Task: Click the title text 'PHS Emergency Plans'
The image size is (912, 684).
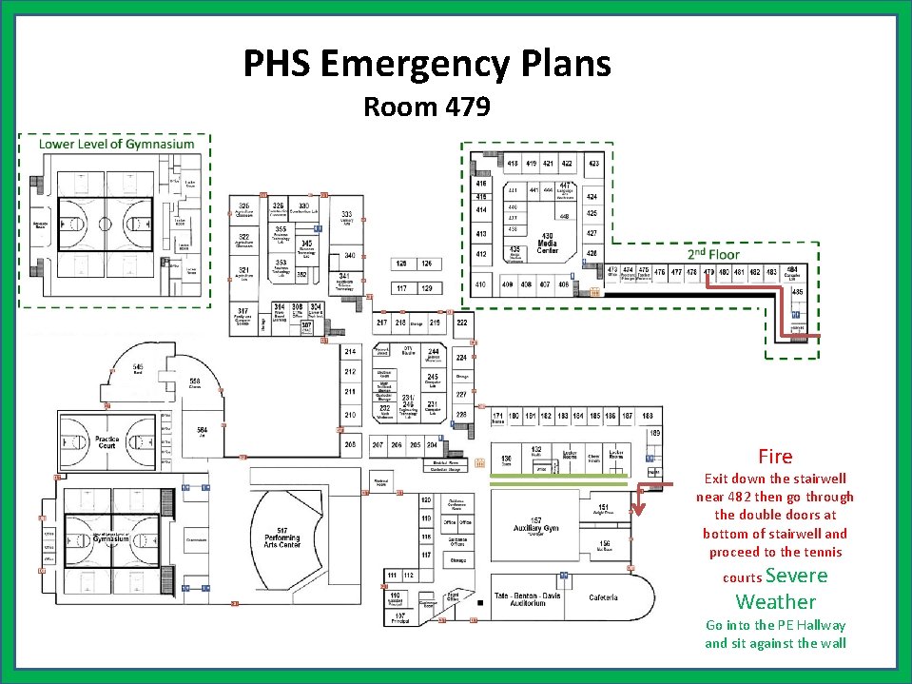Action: (427, 64)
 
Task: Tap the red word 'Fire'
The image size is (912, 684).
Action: (775, 457)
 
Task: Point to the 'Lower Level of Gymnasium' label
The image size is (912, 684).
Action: (116, 145)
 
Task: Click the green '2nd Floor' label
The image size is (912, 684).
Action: (713, 255)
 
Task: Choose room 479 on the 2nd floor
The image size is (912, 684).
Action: (708, 272)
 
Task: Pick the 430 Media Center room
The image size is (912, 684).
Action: (548, 242)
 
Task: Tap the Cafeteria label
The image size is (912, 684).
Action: (603, 597)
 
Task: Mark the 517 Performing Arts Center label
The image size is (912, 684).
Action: (282, 537)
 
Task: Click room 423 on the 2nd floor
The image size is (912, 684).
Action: (593, 164)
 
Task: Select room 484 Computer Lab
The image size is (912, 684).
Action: (791, 273)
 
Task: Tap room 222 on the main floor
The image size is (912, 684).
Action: (461, 323)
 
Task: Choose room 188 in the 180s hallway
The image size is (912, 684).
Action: (648, 416)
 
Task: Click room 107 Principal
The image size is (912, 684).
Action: (399, 618)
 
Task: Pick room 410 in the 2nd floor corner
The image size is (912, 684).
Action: (481, 284)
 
